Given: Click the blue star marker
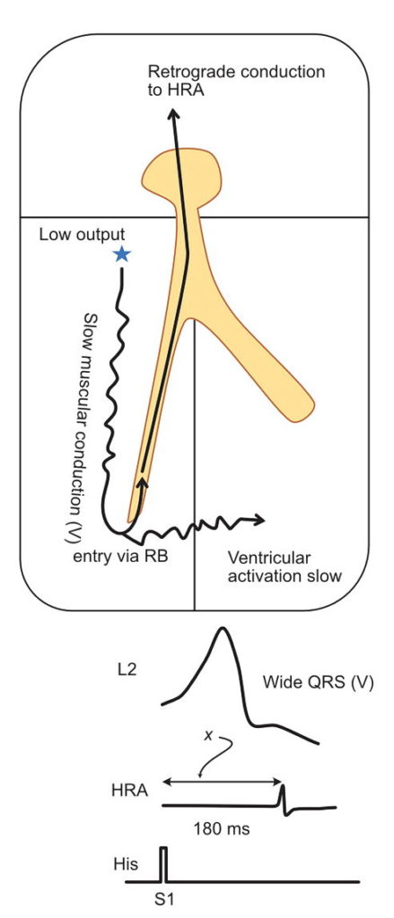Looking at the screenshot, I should (x=121, y=255).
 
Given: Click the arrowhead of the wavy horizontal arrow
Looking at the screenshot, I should (x=261, y=520).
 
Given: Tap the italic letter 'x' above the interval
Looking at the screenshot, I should (x=209, y=734).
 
